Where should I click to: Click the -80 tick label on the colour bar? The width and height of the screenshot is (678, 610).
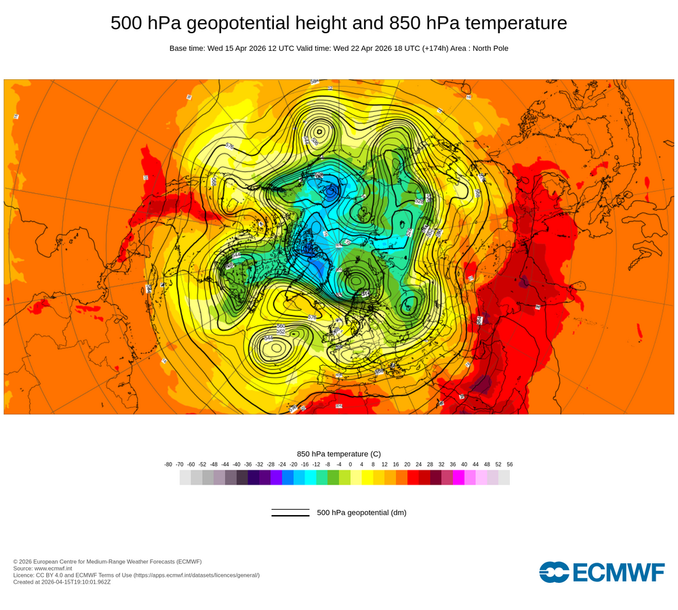click(x=168, y=464)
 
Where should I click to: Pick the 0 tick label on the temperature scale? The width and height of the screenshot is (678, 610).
click(x=351, y=464)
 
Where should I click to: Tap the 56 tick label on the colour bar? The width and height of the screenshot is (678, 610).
click(x=510, y=464)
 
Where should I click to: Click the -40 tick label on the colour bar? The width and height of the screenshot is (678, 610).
click(x=237, y=464)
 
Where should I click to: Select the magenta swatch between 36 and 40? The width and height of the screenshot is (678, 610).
click(x=458, y=478)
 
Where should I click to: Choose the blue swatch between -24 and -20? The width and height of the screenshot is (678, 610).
click(x=287, y=478)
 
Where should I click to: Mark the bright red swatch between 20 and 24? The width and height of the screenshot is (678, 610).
click(x=413, y=478)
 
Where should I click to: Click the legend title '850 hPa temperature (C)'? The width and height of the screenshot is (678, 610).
click(x=339, y=453)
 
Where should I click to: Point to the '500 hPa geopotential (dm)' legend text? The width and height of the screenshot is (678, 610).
click(x=361, y=512)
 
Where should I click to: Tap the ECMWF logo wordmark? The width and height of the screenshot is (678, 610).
click(x=602, y=572)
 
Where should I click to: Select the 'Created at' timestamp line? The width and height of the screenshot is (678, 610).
click(x=62, y=582)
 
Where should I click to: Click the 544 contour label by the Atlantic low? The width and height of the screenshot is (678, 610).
click(x=268, y=338)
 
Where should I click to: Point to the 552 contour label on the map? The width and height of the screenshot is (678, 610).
click(x=281, y=331)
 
